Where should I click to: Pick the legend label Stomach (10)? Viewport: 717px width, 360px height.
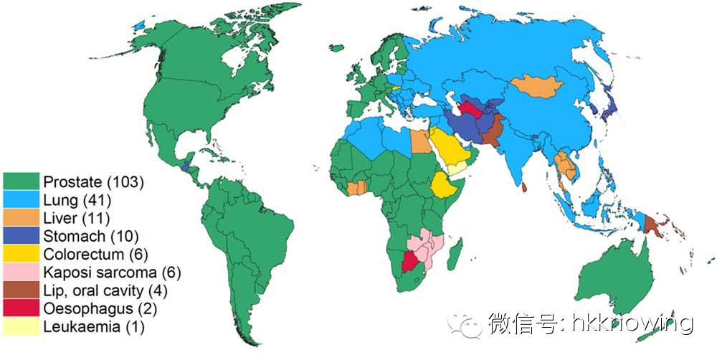[x=90, y=235]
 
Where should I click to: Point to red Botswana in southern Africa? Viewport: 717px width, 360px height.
[x=410, y=261]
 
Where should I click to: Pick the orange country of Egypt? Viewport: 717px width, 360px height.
[x=420, y=141]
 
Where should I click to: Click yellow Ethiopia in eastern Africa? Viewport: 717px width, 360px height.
[x=444, y=185]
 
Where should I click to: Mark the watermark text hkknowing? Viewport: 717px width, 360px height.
[x=631, y=323]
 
